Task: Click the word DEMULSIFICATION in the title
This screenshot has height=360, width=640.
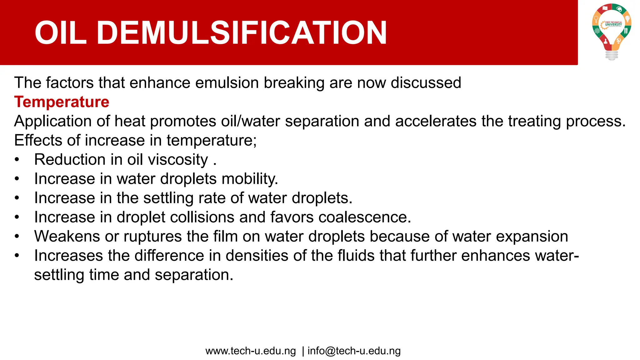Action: click(x=242, y=33)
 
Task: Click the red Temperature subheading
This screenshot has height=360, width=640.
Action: click(x=62, y=102)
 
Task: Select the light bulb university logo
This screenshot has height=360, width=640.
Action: click(x=612, y=31)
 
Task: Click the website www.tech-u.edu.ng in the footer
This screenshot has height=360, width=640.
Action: click(x=251, y=351)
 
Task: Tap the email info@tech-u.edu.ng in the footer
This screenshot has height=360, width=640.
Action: click(x=354, y=351)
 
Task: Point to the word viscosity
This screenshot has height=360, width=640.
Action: click(x=178, y=160)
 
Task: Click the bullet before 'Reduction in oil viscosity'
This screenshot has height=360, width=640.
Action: click(x=17, y=160)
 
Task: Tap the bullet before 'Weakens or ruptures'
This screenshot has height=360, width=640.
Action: click(x=17, y=237)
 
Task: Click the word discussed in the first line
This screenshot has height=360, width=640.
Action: click(x=426, y=83)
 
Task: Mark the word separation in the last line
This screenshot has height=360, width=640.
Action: click(x=194, y=275)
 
